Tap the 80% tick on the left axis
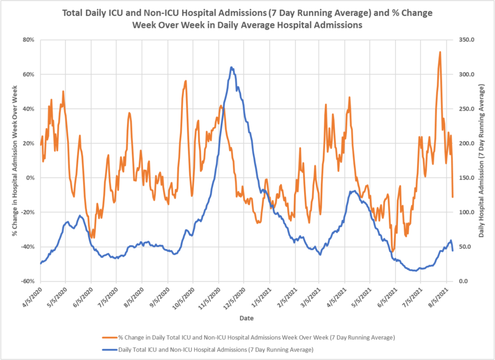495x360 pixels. pyautogui.click(x=28, y=40)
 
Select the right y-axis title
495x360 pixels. pyautogui.click(x=481, y=160)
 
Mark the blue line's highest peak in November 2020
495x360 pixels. pyautogui.click(x=232, y=67)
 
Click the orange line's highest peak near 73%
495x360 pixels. pyautogui.click(x=440, y=52)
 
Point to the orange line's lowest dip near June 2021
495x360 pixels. pyautogui.click(x=393, y=252)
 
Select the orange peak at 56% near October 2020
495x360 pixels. pyautogui.click(x=186, y=81)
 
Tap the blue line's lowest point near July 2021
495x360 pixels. pyautogui.click(x=415, y=271)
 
